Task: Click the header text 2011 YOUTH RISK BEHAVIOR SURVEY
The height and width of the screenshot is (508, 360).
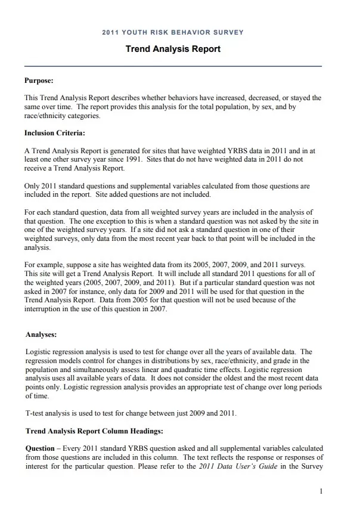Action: [x=173, y=32]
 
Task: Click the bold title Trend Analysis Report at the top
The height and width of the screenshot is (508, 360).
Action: [x=173, y=49]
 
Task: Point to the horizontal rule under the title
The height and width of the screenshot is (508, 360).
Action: [x=173, y=66]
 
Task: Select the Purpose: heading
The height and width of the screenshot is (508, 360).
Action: [x=39, y=80]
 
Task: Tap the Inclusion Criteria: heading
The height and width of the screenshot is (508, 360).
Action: [x=54, y=133]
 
